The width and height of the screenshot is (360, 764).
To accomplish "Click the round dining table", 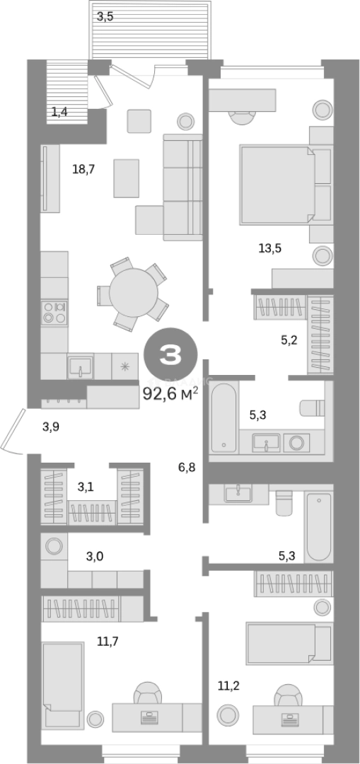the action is tap(134, 292).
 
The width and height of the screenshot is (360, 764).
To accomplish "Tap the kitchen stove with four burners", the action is tap(54, 313).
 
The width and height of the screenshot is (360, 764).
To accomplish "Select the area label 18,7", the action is tap(83, 170).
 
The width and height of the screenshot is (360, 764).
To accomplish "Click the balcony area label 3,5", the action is tap(105, 17).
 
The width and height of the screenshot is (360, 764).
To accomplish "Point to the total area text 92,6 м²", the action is tap(170, 393).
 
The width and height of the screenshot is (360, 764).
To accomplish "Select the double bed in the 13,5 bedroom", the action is tap(277, 185).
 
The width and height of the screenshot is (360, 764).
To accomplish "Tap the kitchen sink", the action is tap(81, 366).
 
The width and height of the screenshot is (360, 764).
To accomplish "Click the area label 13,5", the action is tap(270, 248).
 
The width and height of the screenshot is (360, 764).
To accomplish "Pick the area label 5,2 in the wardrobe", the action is tap(289, 340).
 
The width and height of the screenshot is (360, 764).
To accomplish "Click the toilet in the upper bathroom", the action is tap(313, 408).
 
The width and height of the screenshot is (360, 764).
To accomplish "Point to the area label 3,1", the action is tap(86, 486).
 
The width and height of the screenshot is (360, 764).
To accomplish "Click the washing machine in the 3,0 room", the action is tap(54, 545).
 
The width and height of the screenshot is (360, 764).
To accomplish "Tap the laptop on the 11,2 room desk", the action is tap(290, 718).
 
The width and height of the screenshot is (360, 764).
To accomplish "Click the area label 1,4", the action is tap(59, 112).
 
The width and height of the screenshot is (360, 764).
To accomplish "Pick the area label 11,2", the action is tap(228, 686).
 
